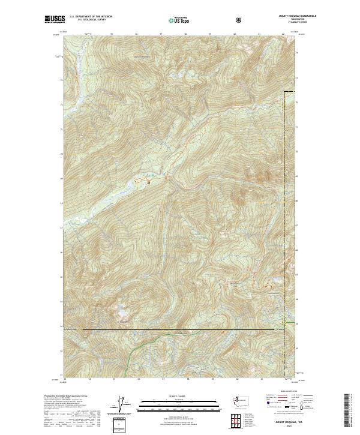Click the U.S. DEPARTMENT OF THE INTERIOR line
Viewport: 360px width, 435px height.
pyautogui.click(x=91, y=17)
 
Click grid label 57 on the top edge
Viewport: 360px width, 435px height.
pyautogui.click(x=161, y=34)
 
